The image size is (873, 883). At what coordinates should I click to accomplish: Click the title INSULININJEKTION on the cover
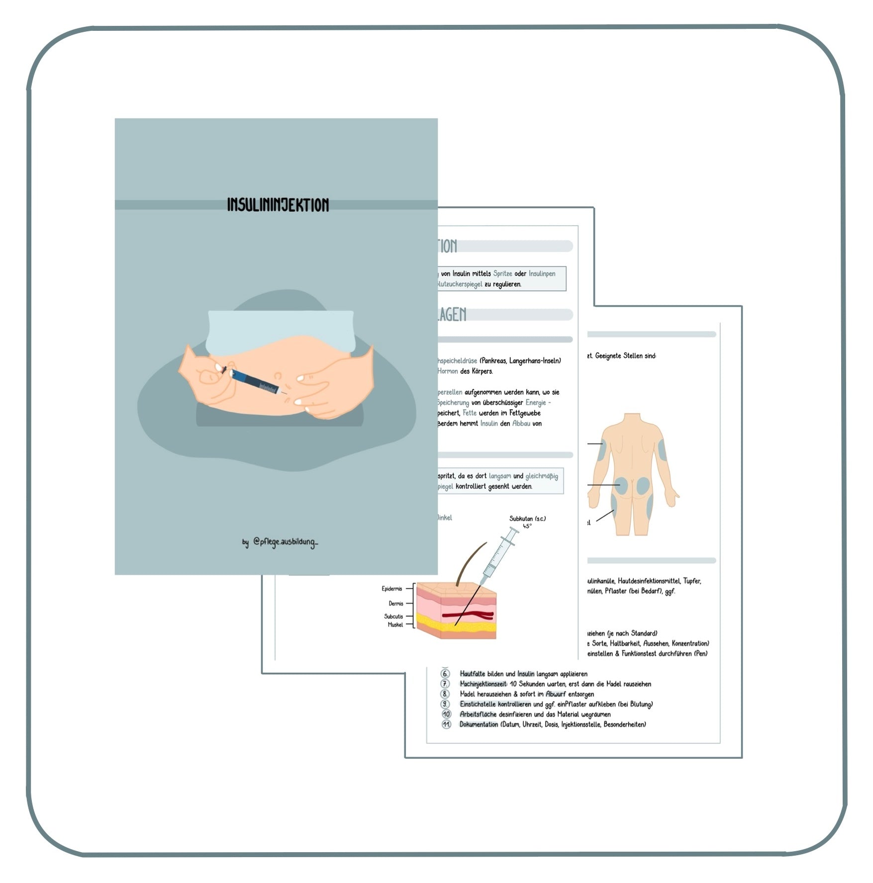(x=278, y=205)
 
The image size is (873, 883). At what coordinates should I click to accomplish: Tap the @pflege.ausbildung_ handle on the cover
(x=285, y=541)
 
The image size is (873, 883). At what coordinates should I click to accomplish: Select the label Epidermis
(x=392, y=589)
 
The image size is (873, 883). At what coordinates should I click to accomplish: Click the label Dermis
(x=396, y=604)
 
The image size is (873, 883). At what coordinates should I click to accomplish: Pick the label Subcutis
(x=393, y=617)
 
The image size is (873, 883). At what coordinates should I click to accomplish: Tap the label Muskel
(x=395, y=625)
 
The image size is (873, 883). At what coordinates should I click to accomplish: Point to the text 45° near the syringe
(x=527, y=526)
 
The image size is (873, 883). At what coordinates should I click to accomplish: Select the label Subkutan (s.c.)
(x=527, y=519)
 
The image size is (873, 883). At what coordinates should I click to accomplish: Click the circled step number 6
(x=445, y=674)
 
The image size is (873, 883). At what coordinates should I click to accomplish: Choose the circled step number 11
(x=446, y=724)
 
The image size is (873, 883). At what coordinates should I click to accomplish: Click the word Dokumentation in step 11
(x=479, y=724)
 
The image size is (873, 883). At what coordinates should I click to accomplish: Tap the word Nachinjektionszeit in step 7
(x=484, y=684)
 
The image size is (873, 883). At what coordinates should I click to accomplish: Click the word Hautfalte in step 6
(x=472, y=674)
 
